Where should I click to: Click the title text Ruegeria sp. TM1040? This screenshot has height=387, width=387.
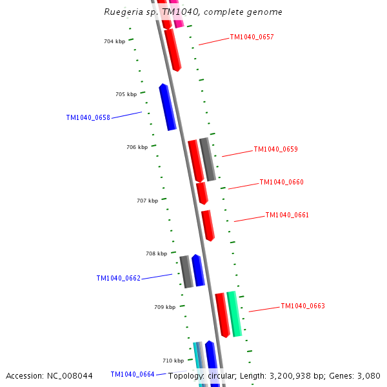pyautogui.click(x=193, y=12)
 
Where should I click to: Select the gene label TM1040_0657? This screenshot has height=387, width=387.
pyautogui.click(x=252, y=37)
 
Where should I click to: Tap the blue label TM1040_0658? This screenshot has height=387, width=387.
pyautogui.click(x=88, y=118)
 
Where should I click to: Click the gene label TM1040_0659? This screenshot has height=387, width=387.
pyautogui.click(x=275, y=150)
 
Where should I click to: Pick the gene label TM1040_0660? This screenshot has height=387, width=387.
pyautogui.click(x=281, y=183)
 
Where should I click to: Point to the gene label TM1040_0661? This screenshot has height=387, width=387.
pyautogui.click(x=287, y=215)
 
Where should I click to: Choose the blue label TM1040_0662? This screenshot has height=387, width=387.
pyautogui.click(x=118, y=279)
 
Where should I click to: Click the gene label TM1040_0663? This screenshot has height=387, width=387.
pyautogui.click(x=303, y=306)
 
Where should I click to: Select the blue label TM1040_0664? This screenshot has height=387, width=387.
pyautogui.click(x=132, y=374)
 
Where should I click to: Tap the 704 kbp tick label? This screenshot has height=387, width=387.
pyautogui.click(x=114, y=42)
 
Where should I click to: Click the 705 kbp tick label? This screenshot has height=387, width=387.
pyautogui.click(x=126, y=95)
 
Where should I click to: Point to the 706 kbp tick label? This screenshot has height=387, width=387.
pyautogui.click(x=137, y=148)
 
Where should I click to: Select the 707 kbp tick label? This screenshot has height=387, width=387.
pyautogui.click(x=147, y=201)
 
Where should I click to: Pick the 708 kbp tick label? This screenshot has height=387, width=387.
pyautogui.click(x=156, y=254)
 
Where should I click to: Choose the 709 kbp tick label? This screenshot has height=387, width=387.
pyautogui.click(x=164, y=308)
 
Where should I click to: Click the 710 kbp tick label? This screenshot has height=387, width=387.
pyautogui.click(x=173, y=361)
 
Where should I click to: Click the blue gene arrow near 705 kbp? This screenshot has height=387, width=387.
pyautogui.click(x=168, y=107)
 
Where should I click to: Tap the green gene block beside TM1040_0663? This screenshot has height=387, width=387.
pyautogui.click(x=234, y=314)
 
